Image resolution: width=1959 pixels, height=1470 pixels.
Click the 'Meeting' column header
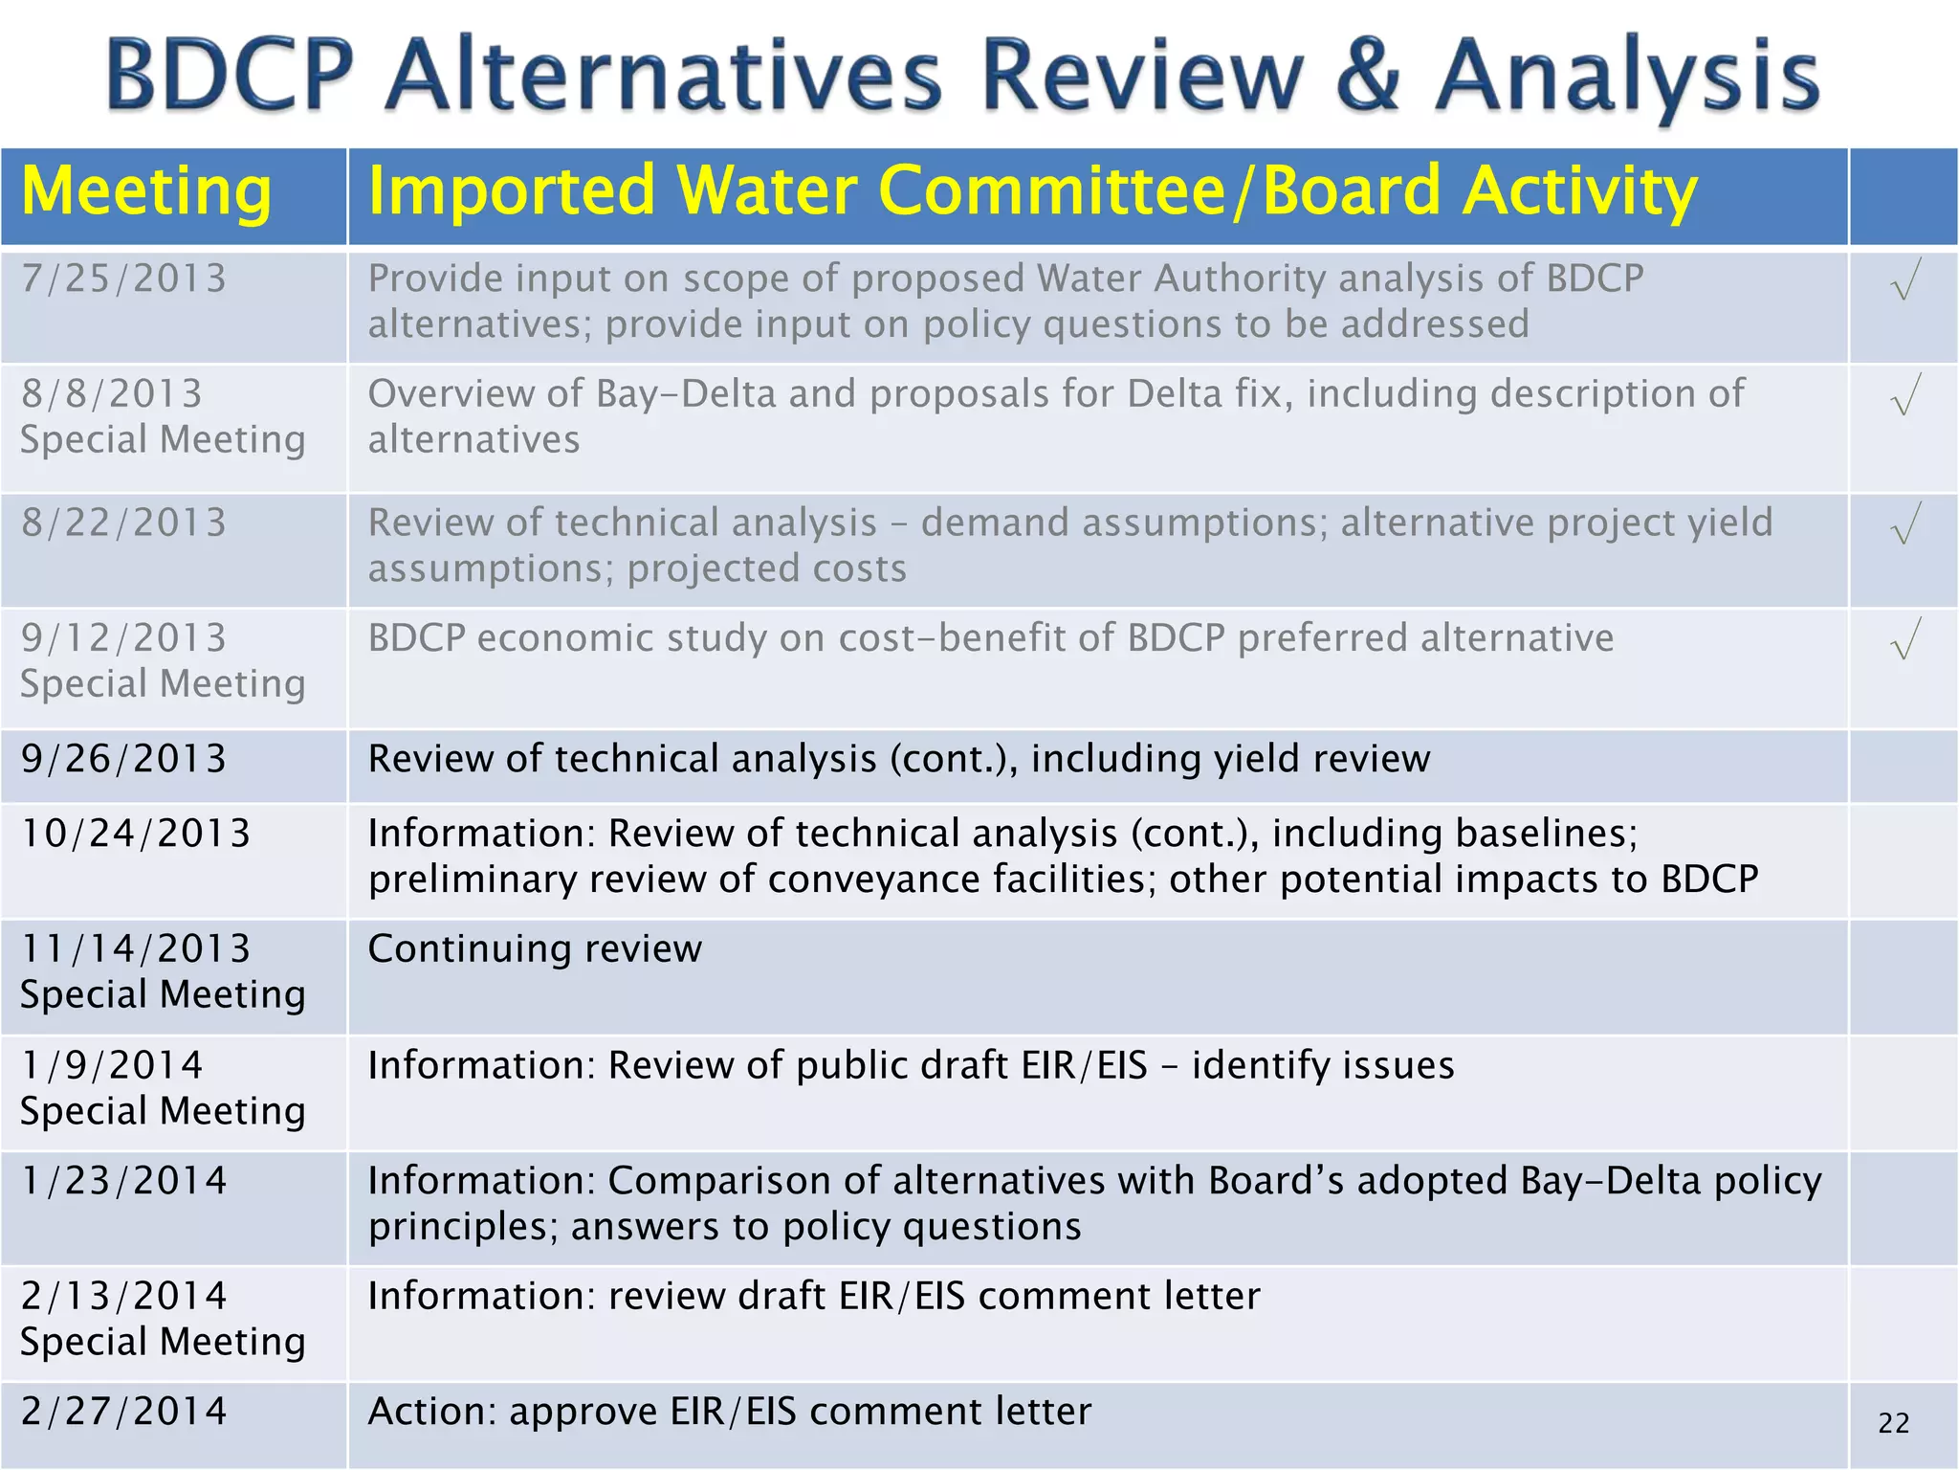(x=146, y=191)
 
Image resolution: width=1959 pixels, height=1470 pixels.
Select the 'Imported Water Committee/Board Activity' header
(x=1032, y=191)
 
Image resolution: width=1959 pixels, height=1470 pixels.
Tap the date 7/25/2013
(x=124, y=278)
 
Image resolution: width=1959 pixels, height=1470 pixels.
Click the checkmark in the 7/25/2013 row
(x=1904, y=280)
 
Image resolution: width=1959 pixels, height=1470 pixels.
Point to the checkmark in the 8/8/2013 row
(x=1904, y=395)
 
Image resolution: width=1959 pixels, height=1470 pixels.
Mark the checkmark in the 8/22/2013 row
(x=1904, y=523)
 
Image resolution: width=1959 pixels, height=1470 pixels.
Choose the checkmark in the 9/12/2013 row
(x=1904, y=639)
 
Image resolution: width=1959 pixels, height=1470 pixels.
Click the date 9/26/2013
(x=124, y=759)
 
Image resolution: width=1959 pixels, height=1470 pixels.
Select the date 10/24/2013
(x=136, y=834)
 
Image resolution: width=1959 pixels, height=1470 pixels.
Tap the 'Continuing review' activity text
(x=535, y=949)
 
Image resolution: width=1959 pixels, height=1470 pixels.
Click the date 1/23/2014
(x=124, y=1181)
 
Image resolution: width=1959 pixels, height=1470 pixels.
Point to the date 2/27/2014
(x=124, y=1412)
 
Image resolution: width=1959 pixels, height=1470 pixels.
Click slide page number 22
(x=1893, y=1423)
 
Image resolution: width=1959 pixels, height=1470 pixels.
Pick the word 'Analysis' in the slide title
(x=1626, y=77)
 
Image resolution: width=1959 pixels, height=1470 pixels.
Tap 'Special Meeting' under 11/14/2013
(x=163, y=995)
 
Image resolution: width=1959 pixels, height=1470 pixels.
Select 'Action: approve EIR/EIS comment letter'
(x=729, y=1412)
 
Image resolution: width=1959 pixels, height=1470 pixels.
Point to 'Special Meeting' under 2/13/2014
(x=163, y=1342)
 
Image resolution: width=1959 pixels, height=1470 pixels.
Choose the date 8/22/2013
(x=124, y=523)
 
